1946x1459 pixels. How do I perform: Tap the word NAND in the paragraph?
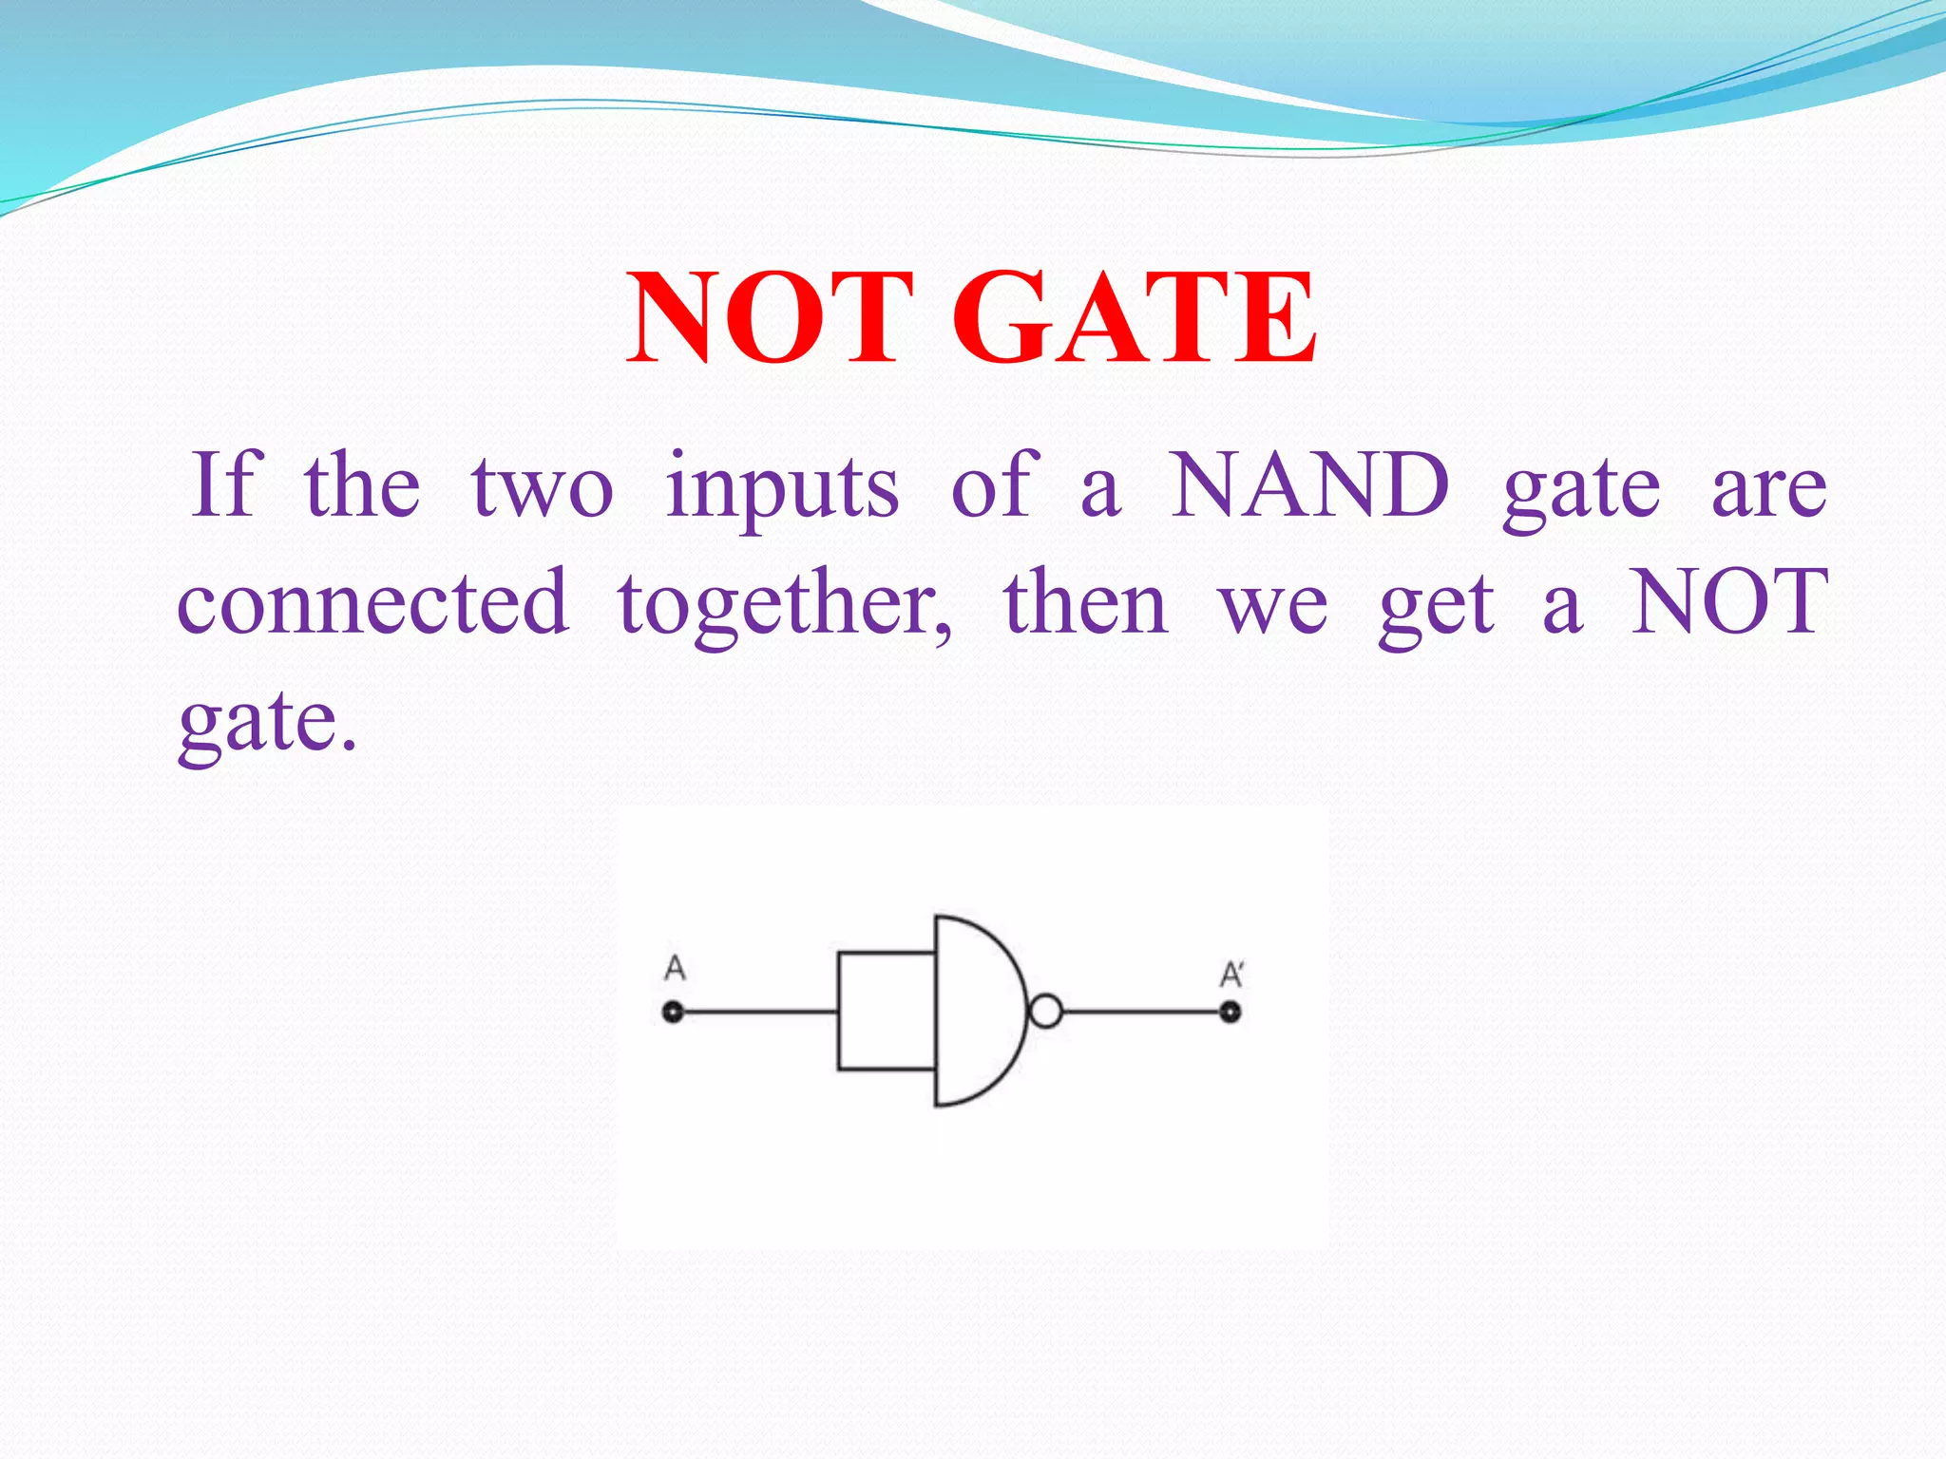(x=1309, y=485)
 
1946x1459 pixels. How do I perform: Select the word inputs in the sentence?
(x=782, y=489)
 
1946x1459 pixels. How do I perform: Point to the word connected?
(x=372, y=601)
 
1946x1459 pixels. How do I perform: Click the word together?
(x=785, y=605)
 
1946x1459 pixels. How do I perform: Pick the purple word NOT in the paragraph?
(x=1729, y=601)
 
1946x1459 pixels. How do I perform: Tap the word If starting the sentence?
(x=226, y=485)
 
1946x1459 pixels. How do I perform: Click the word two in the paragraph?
(x=543, y=489)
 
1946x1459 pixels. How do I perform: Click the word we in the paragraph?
(x=1273, y=608)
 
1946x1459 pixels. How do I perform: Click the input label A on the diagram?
(x=675, y=969)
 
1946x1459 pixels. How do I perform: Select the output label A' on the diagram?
(x=1231, y=975)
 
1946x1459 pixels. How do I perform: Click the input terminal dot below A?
(x=673, y=1013)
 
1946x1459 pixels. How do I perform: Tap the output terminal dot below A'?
(x=1231, y=1013)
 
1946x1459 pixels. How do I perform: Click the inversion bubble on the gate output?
(x=1045, y=1012)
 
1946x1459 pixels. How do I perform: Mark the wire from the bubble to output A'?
(x=1140, y=1013)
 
